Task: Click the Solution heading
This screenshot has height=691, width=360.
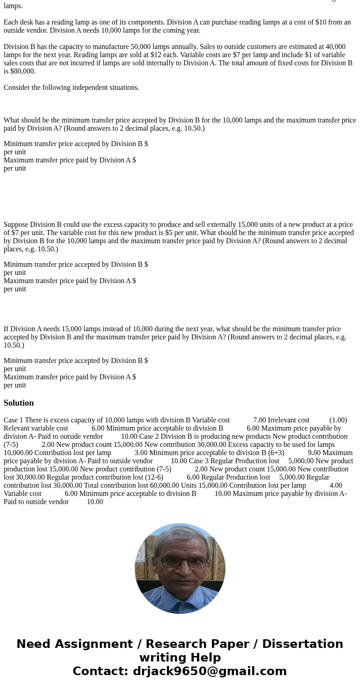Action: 19,403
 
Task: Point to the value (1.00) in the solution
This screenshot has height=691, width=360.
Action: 338,420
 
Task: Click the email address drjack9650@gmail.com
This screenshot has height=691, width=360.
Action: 209,671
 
